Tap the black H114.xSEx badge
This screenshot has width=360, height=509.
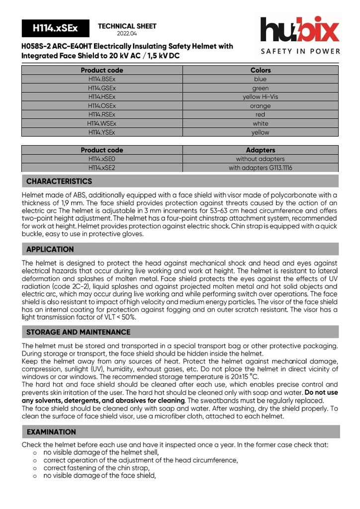[x=55, y=29]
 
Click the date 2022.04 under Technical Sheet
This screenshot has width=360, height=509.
[x=127, y=34]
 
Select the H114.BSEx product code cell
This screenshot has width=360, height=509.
[x=102, y=79]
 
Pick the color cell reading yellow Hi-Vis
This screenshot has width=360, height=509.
[x=260, y=97]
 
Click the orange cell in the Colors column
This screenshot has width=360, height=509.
[x=260, y=106]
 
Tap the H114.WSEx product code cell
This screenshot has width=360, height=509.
[x=102, y=123]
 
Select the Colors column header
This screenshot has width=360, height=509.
[x=260, y=70]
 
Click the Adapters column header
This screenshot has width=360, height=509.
[x=260, y=150]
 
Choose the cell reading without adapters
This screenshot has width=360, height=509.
[x=260, y=159]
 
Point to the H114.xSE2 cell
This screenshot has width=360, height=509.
[x=102, y=168]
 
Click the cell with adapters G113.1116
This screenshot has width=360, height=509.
[x=260, y=168]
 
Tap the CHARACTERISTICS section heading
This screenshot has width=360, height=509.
[x=59, y=181]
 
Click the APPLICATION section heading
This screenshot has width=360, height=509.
[x=50, y=250]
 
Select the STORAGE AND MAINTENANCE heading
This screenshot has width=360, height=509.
[x=79, y=332]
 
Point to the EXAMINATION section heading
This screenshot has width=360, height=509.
[x=51, y=432]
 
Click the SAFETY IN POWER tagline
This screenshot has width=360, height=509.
[x=300, y=51]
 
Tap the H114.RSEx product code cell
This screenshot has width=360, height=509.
[x=102, y=114]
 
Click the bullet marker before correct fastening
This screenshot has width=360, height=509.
[x=35, y=468]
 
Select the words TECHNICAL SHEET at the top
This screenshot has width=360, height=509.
[x=127, y=26]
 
